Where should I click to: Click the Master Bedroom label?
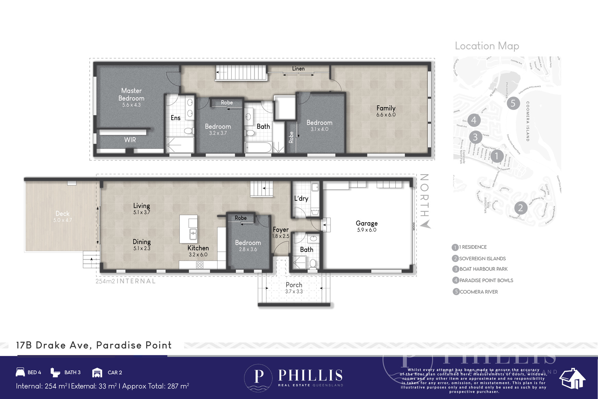click(131, 94)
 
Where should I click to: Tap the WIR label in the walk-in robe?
click(130, 140)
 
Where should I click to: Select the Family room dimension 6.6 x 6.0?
click(386, 115)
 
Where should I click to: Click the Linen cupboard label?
click(298, 68)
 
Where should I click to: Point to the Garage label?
click(367, 223)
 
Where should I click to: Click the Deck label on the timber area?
click(62, 214)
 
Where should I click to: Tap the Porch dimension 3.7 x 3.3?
click(294, 291)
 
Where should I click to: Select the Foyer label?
click(281, 230)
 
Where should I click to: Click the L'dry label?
click(301, 199)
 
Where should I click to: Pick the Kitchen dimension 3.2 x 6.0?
click(198, 255)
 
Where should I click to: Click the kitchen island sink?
click(193, 234)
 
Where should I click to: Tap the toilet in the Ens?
click(189, 131)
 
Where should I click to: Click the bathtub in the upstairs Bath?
click(258, 148)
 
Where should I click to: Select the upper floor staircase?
click(241, 72)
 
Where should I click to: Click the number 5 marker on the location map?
click(513, 103)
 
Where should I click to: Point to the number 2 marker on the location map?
click(520, 208)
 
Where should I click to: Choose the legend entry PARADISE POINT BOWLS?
click(486, 280)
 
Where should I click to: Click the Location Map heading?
click(487, 46)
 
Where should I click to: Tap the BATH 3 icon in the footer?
click(55, 372)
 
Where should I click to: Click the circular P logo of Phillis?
click(259, 377)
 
